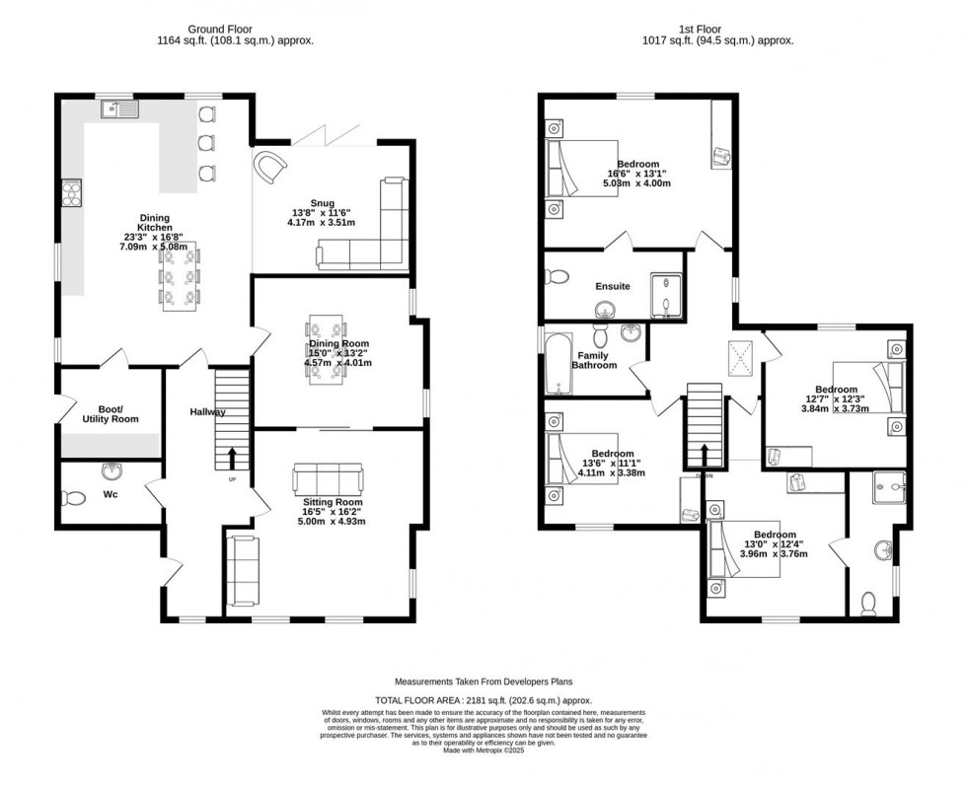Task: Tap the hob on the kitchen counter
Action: [x=71, y=192]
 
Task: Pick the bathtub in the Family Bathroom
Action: [x=558, y=364]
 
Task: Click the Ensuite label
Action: [x=612, y=286]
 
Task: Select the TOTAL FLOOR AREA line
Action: [x=483, y=698]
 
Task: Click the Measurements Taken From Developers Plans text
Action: [x=483, y=682]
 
